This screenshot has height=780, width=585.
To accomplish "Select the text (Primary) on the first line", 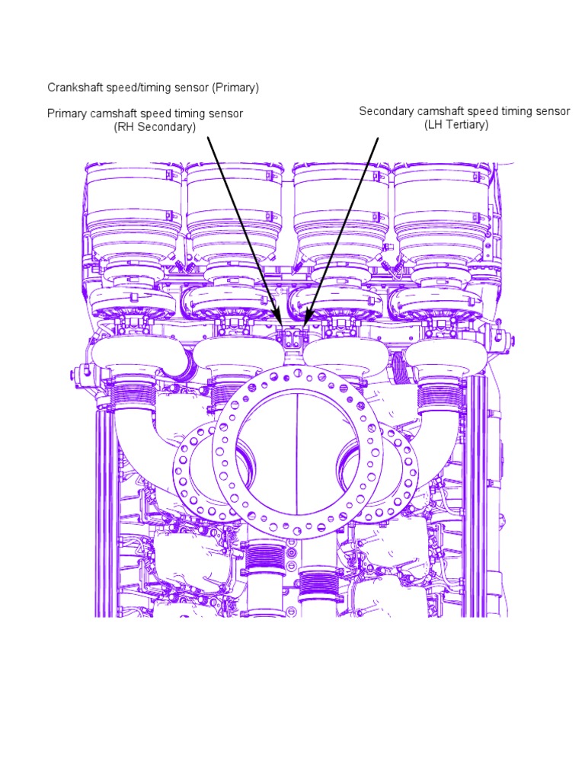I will point(235,88).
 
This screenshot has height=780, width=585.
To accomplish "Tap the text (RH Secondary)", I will point(155,127).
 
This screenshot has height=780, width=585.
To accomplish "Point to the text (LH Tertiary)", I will point(456,125).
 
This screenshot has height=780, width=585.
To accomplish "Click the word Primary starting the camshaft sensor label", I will point(67,113).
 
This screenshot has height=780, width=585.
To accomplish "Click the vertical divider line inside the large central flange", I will point(294,457).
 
